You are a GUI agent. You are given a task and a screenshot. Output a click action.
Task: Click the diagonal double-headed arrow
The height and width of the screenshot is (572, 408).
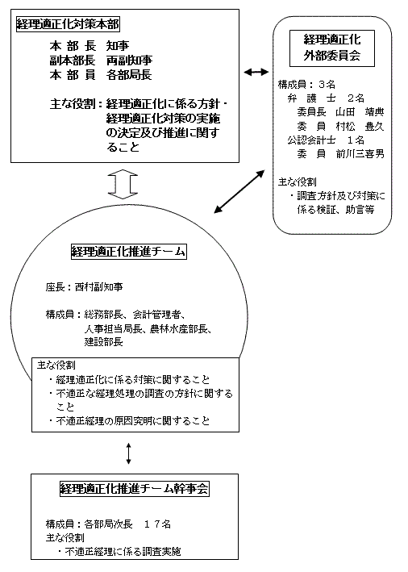click(x=239, y=190)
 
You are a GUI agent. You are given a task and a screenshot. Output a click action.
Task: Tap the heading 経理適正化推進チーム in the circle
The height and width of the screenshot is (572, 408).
click(x=129, y=252)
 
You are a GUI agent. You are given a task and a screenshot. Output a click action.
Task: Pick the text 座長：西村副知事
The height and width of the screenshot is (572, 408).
click(x=84, y=286)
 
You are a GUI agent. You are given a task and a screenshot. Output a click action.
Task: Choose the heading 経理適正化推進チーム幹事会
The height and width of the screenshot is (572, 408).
click(x=128, y=488)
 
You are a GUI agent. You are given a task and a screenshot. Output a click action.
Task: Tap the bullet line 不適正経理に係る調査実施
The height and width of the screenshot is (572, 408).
click(x=123, y=552)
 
